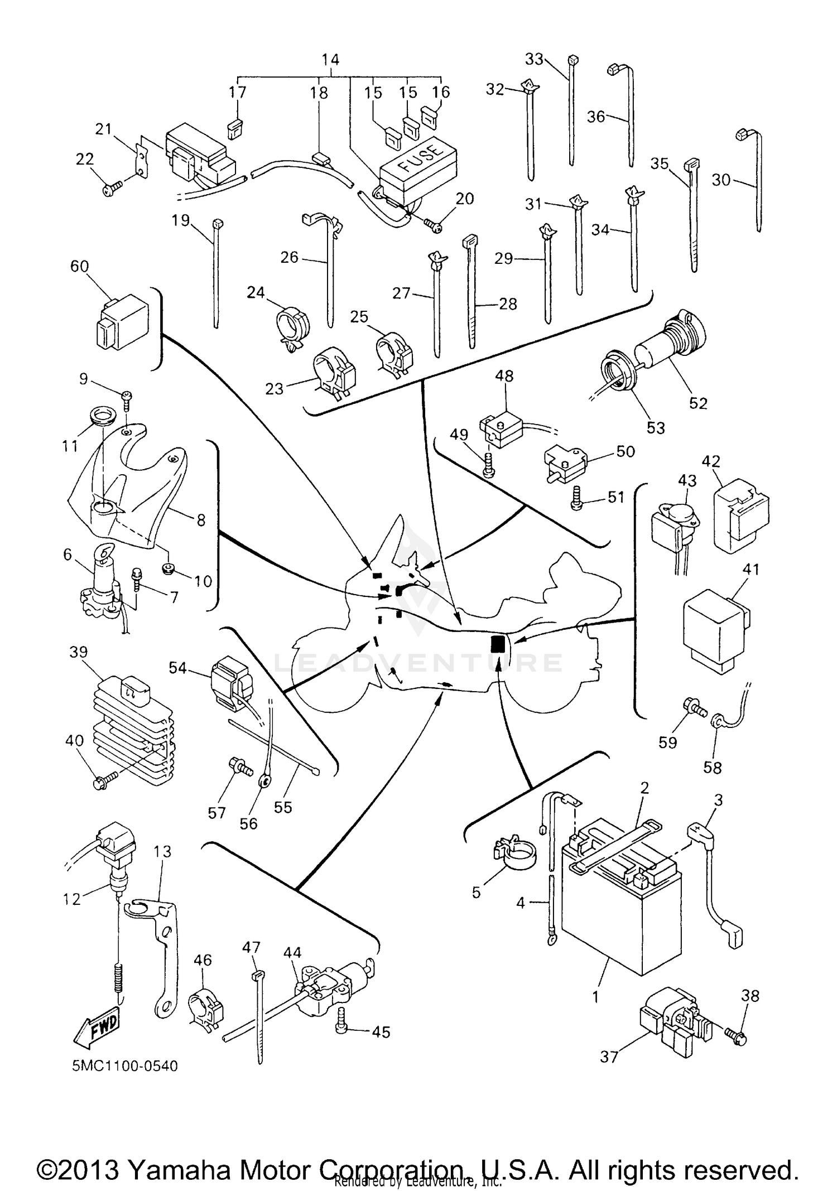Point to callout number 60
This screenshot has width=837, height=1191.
[x=80, y=267]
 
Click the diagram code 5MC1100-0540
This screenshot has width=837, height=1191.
[x=125, y=1066]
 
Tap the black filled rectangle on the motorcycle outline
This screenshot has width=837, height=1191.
[x=497, y=644]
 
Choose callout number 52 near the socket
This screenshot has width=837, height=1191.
[x=698, y=403]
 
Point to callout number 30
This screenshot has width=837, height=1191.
[x=721, y=180]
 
